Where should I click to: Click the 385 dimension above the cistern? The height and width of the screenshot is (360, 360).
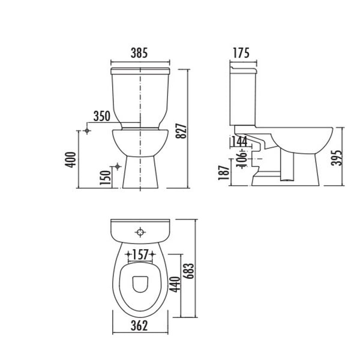[x=139, y=53]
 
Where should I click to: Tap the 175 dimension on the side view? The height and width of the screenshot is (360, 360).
[x=241, y=53]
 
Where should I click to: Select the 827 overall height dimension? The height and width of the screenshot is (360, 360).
[x=181, y=131]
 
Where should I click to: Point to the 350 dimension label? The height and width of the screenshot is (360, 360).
[x=102, y=116]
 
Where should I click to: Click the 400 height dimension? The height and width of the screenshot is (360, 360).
[x=70, y=160]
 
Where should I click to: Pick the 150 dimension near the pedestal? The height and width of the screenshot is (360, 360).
[x=105, y=178]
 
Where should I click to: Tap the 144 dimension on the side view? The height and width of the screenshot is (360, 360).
[x=239, y=141]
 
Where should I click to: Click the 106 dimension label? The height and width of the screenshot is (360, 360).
[x=242, y=158]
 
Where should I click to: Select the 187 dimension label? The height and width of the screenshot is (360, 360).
[x=224, y=172]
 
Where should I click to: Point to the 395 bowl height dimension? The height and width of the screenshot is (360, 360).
[x=337, y=158]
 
